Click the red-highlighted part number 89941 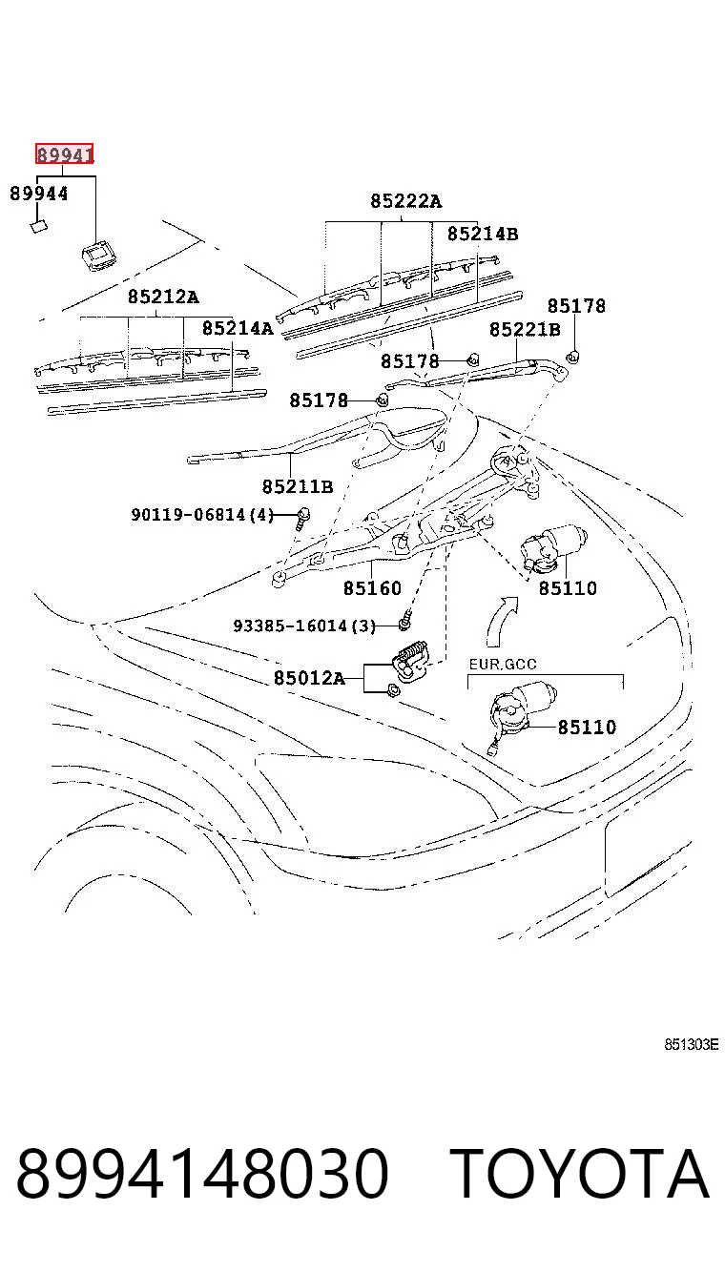pyautogui.click(x=64, y=154)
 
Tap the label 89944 pyautogui.click(x=39, y=194)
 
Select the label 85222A pyautogui.click(x=405, y=201)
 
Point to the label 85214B pyautogui.click(x=483, y=234)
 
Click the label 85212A pyautogui.click(x=163, y=297)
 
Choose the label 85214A pyautogui.click(x=238, y=328)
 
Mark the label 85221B pyautogui.click(x=525, y=329)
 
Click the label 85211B pyautogui.click(x=298, y=486)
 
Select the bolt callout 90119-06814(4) pyautogui.click(x=202, y=515)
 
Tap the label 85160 pyautogui.click(x=372, y=587)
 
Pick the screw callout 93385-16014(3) pyautogui.click(x=304, y=626)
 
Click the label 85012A pyautogui.click(x=309, y=678)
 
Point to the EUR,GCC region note pyautogui.click(x=503, y=664)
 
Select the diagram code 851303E pyautogui.click(x=692, y=1044)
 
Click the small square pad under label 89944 pyautogui.click(x=39, y=227)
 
